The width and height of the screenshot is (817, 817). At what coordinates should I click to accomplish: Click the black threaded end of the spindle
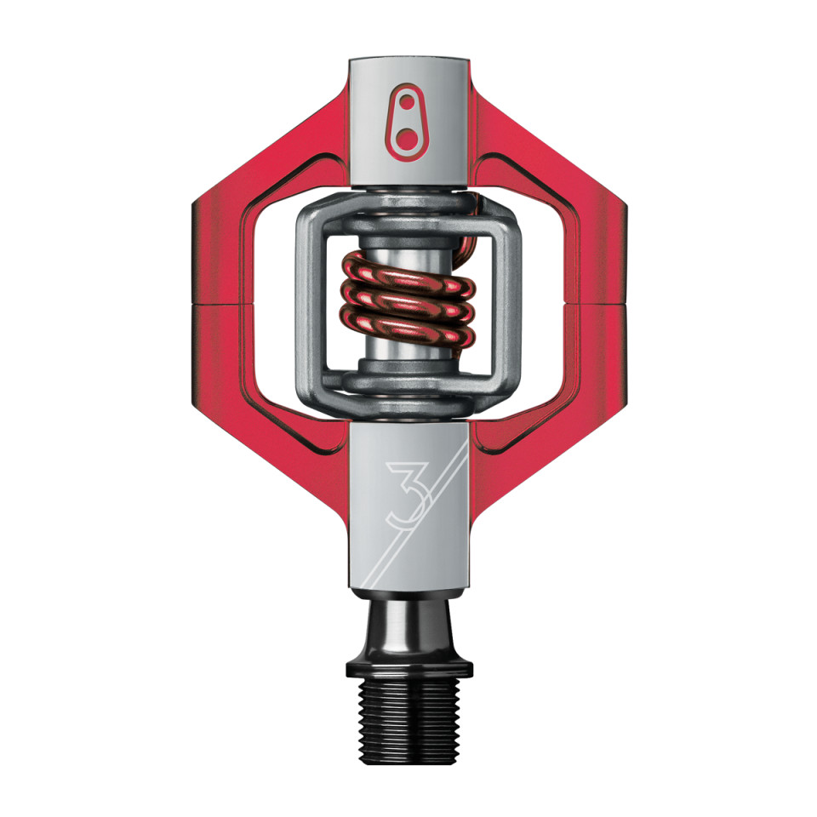click(x=408, y=721)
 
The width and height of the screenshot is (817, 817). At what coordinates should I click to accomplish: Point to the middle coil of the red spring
click(x=407, y=300)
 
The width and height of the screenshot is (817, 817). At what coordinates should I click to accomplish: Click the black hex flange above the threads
click(x=409, y=669)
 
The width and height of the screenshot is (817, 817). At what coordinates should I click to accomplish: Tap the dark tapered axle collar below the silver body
click(x=408, y=628)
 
